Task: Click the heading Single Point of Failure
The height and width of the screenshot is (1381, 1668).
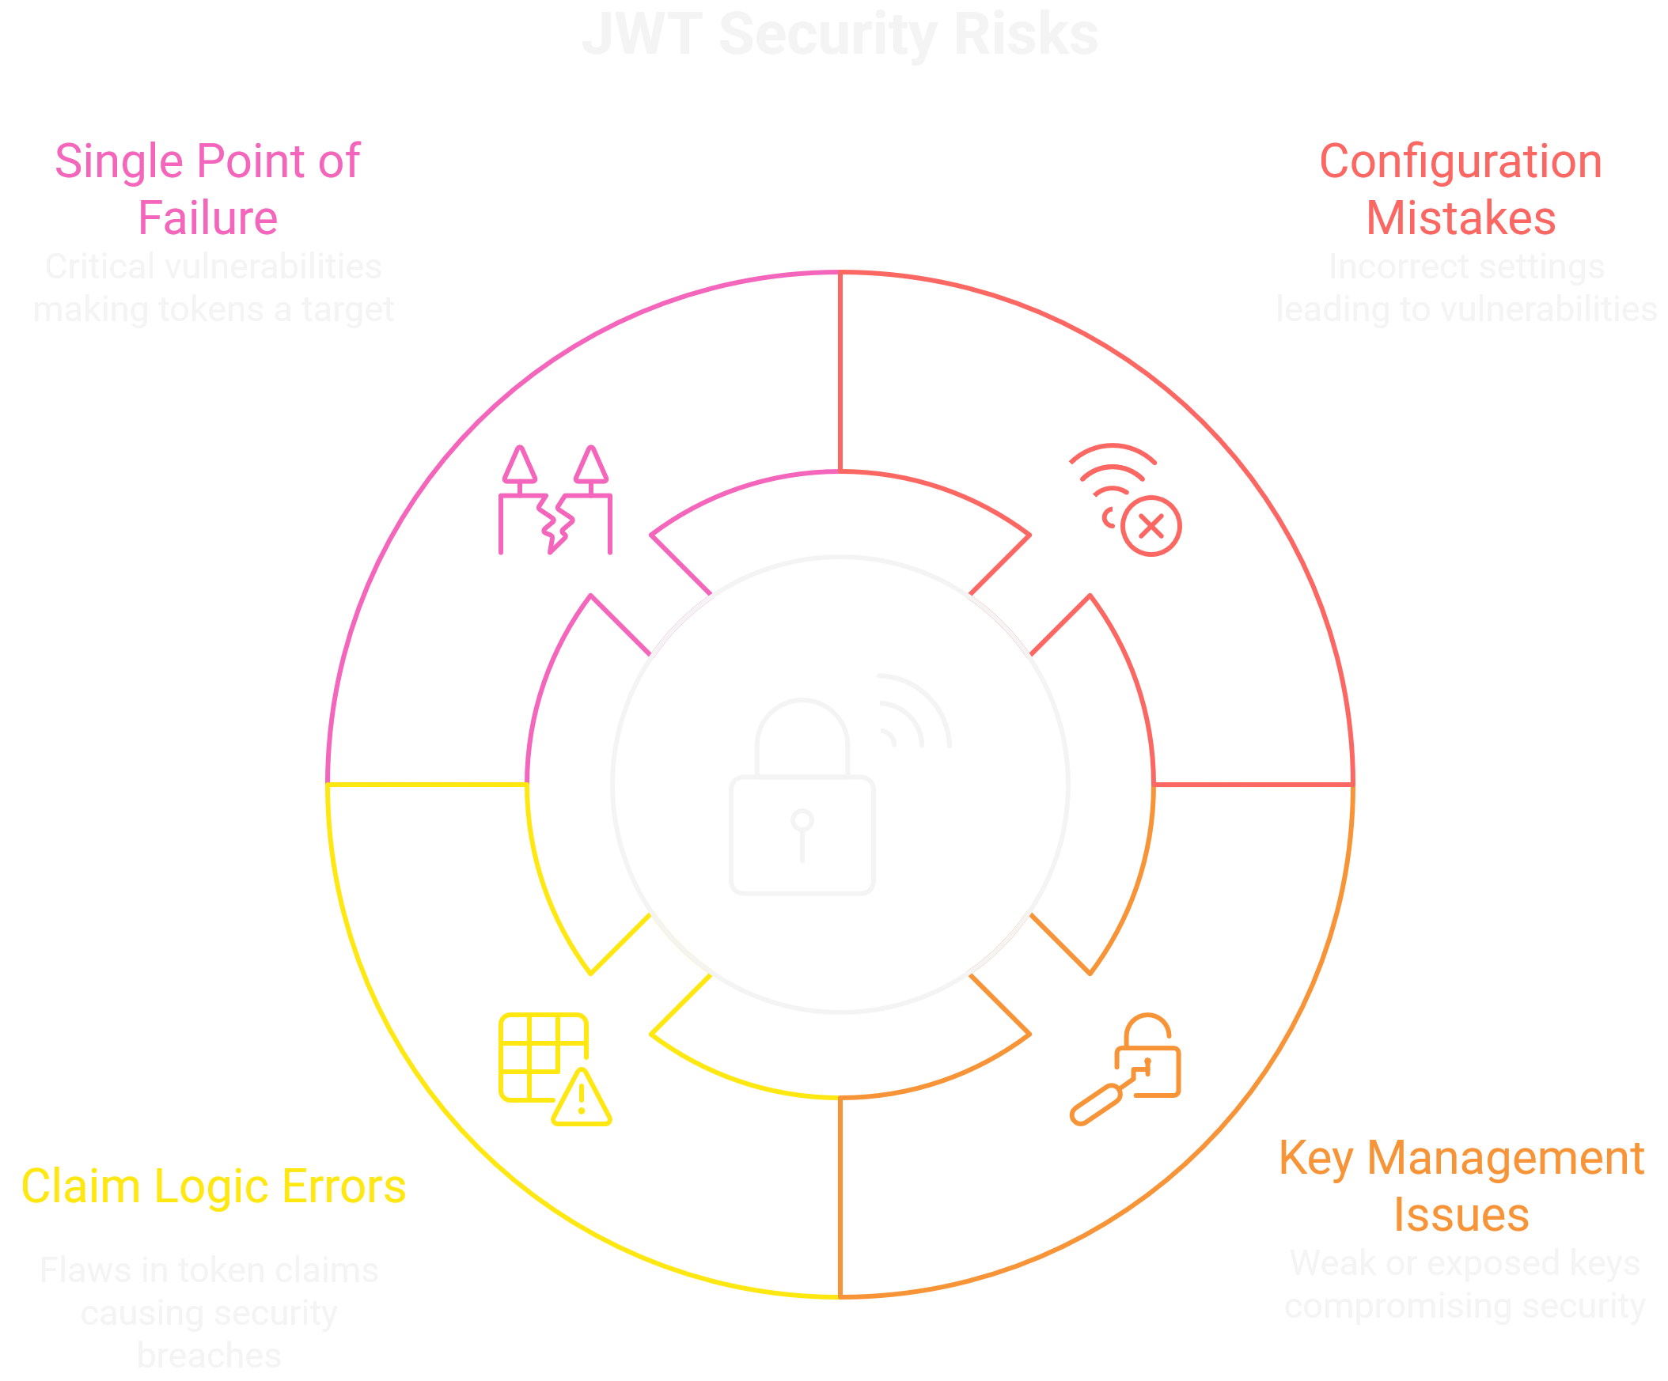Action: pyautogui.click(x=207, y=189)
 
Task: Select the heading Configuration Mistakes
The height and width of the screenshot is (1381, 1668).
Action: pyautogui.click(x=1460, y=189)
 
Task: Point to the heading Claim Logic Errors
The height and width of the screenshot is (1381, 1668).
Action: pyautogui.click(x=213, y=1186)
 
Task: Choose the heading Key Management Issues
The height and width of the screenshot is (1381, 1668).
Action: pyautogui.click(x=1461, y=1186)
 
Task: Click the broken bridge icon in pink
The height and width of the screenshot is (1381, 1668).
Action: pyautogui.click(x=555, y=501)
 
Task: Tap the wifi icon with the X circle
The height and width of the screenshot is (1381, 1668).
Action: pyautogui.click(x=1124, y=499)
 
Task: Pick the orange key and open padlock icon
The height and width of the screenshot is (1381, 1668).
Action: pyautogui.click(x=1125, y=1069)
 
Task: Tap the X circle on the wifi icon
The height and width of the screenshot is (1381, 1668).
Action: pyautogui.click(x=1151, y=526)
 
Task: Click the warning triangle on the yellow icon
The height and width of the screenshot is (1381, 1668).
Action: pyautogui.click(x=582, y=1099)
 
